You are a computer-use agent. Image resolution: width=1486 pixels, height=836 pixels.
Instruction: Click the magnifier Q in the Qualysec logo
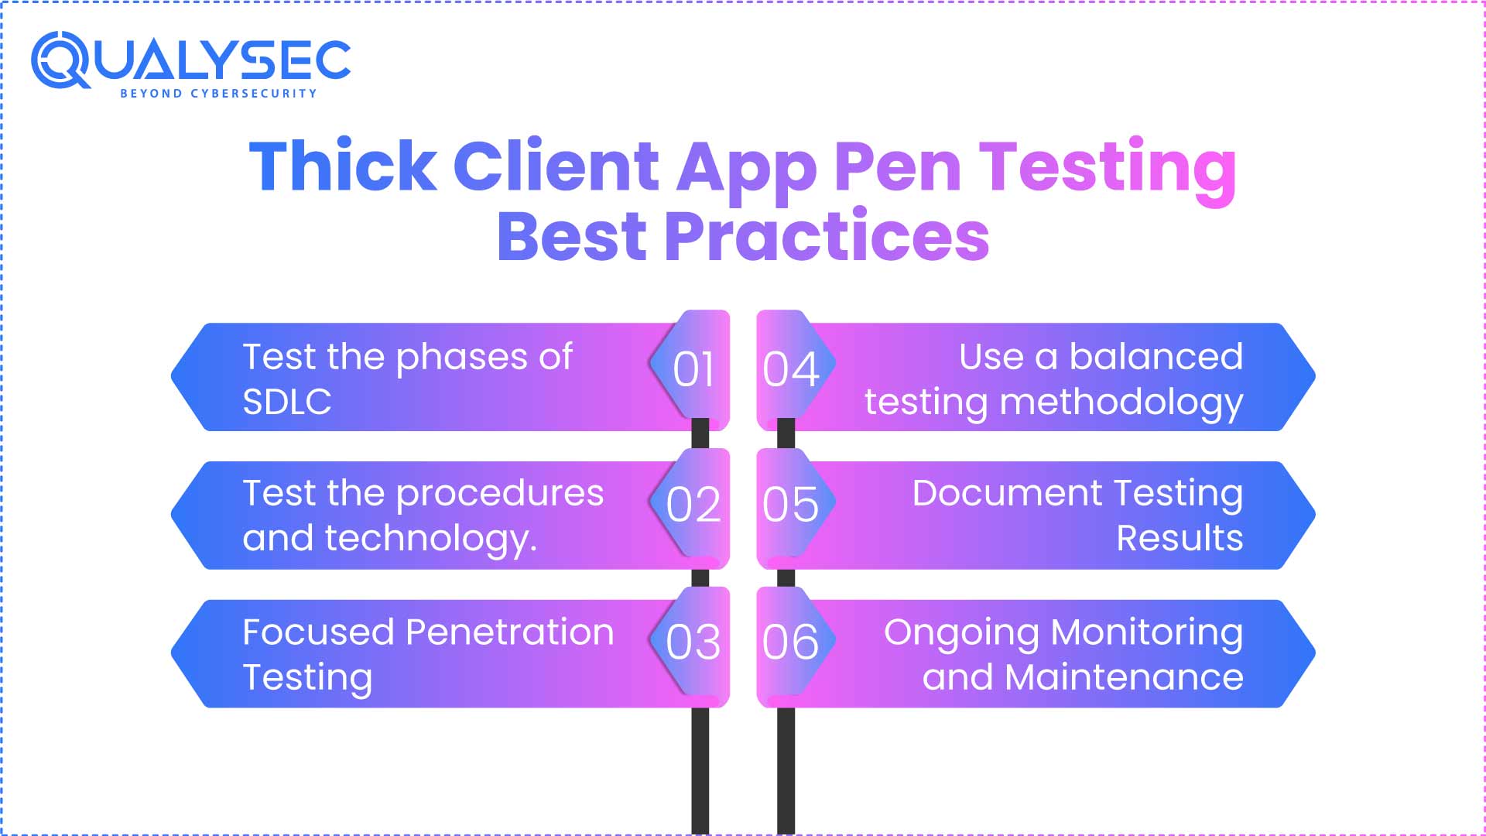coord(60,60)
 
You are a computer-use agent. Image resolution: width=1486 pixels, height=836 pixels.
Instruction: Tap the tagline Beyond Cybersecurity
coord(218,94)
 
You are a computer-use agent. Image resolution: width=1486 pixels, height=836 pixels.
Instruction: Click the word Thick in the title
coord(343,166)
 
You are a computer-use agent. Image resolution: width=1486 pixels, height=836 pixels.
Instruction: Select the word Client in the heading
coord(555,166)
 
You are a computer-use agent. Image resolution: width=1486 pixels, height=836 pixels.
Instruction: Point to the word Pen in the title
coord(897,167)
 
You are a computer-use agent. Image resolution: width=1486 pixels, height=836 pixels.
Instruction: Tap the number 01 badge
coord(693,369)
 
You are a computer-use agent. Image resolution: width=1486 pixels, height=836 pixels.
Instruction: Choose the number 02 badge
coord(693,505)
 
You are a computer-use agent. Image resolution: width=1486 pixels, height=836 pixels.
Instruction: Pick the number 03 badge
coord(693,642)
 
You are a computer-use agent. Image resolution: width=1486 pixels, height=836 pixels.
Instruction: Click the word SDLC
coord(287,402)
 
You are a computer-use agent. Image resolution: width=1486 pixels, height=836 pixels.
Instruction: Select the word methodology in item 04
coord(1121,403)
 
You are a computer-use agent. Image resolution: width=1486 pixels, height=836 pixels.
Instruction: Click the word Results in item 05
coord(1180,538)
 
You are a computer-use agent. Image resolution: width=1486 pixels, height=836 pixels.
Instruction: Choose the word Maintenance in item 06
coord(1124,677)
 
